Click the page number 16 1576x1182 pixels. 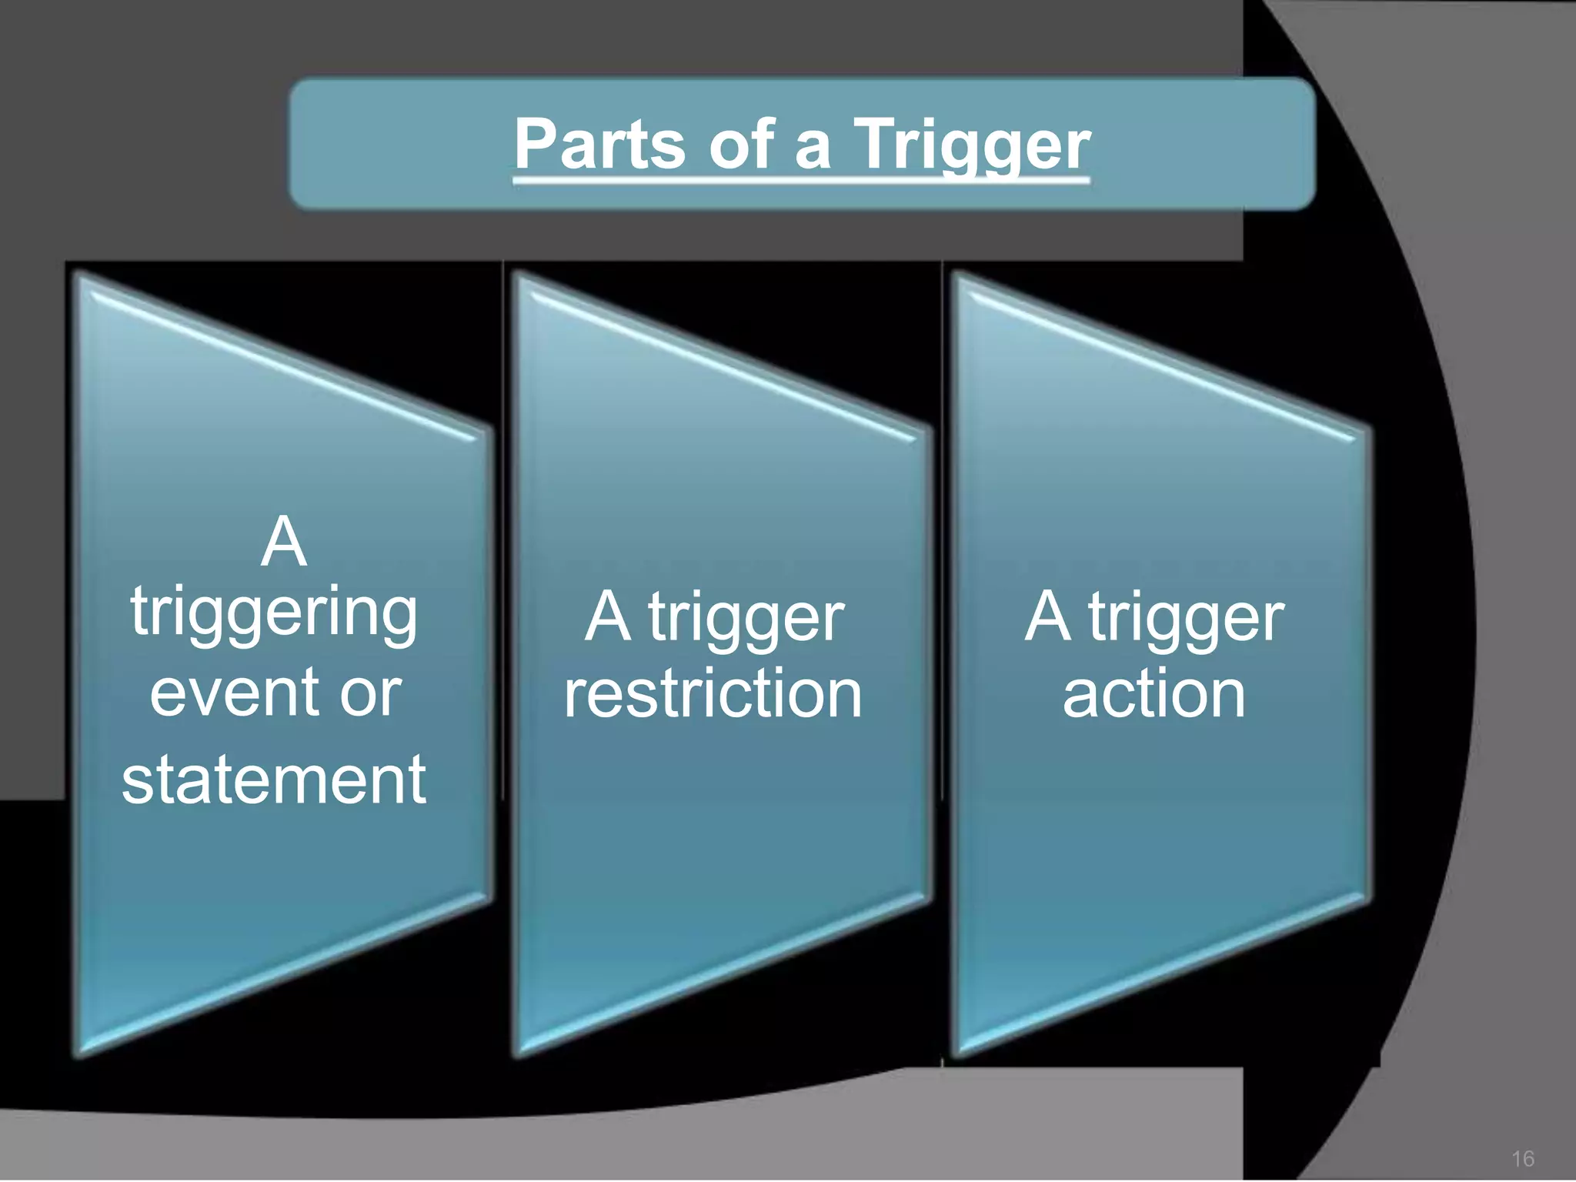(x=1522, y=1159)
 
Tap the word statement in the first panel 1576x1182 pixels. (x=274, y=780)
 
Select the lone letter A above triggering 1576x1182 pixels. (x=283, y=542)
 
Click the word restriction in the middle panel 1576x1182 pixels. (x=713, y=694)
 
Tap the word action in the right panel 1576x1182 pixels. (x=1154, y=694)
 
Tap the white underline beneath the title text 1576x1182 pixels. (x=801, y=181)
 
